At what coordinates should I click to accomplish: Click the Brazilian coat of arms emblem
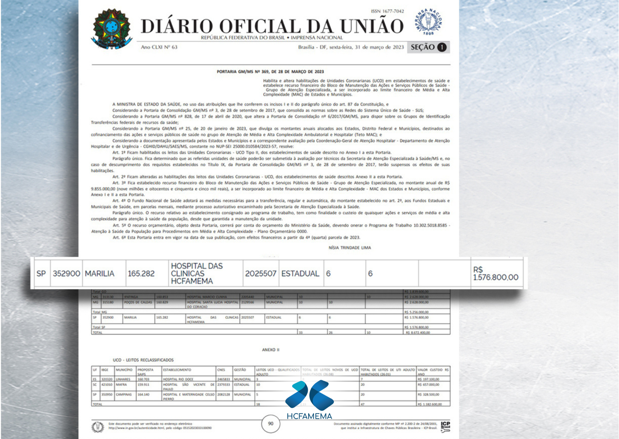coord(112,28)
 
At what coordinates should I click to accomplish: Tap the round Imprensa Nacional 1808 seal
coord(428,22)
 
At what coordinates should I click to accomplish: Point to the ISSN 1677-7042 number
coord(387,11)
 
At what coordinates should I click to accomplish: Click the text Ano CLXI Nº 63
coord(159,47)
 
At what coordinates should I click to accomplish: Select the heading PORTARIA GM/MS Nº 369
coord(270,72)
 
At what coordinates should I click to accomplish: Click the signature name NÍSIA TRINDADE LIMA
coord(350,248)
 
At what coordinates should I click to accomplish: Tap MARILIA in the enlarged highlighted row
coord(100,274)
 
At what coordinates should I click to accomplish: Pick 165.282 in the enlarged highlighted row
coord(141,274)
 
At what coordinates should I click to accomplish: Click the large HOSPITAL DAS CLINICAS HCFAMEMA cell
coord(197,274)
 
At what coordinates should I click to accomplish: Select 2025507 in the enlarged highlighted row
coord(261,274)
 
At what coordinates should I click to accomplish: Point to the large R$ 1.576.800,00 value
coord(495,274)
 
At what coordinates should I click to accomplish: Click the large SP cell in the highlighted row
coord(41,274)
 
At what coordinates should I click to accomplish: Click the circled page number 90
coord(271,423)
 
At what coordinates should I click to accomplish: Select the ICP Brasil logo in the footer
coord(445,426)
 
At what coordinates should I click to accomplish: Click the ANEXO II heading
coord(271,350)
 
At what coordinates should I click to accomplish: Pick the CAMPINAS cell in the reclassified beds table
coord(124,394)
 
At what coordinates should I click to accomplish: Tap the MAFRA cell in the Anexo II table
coord(121,384)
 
